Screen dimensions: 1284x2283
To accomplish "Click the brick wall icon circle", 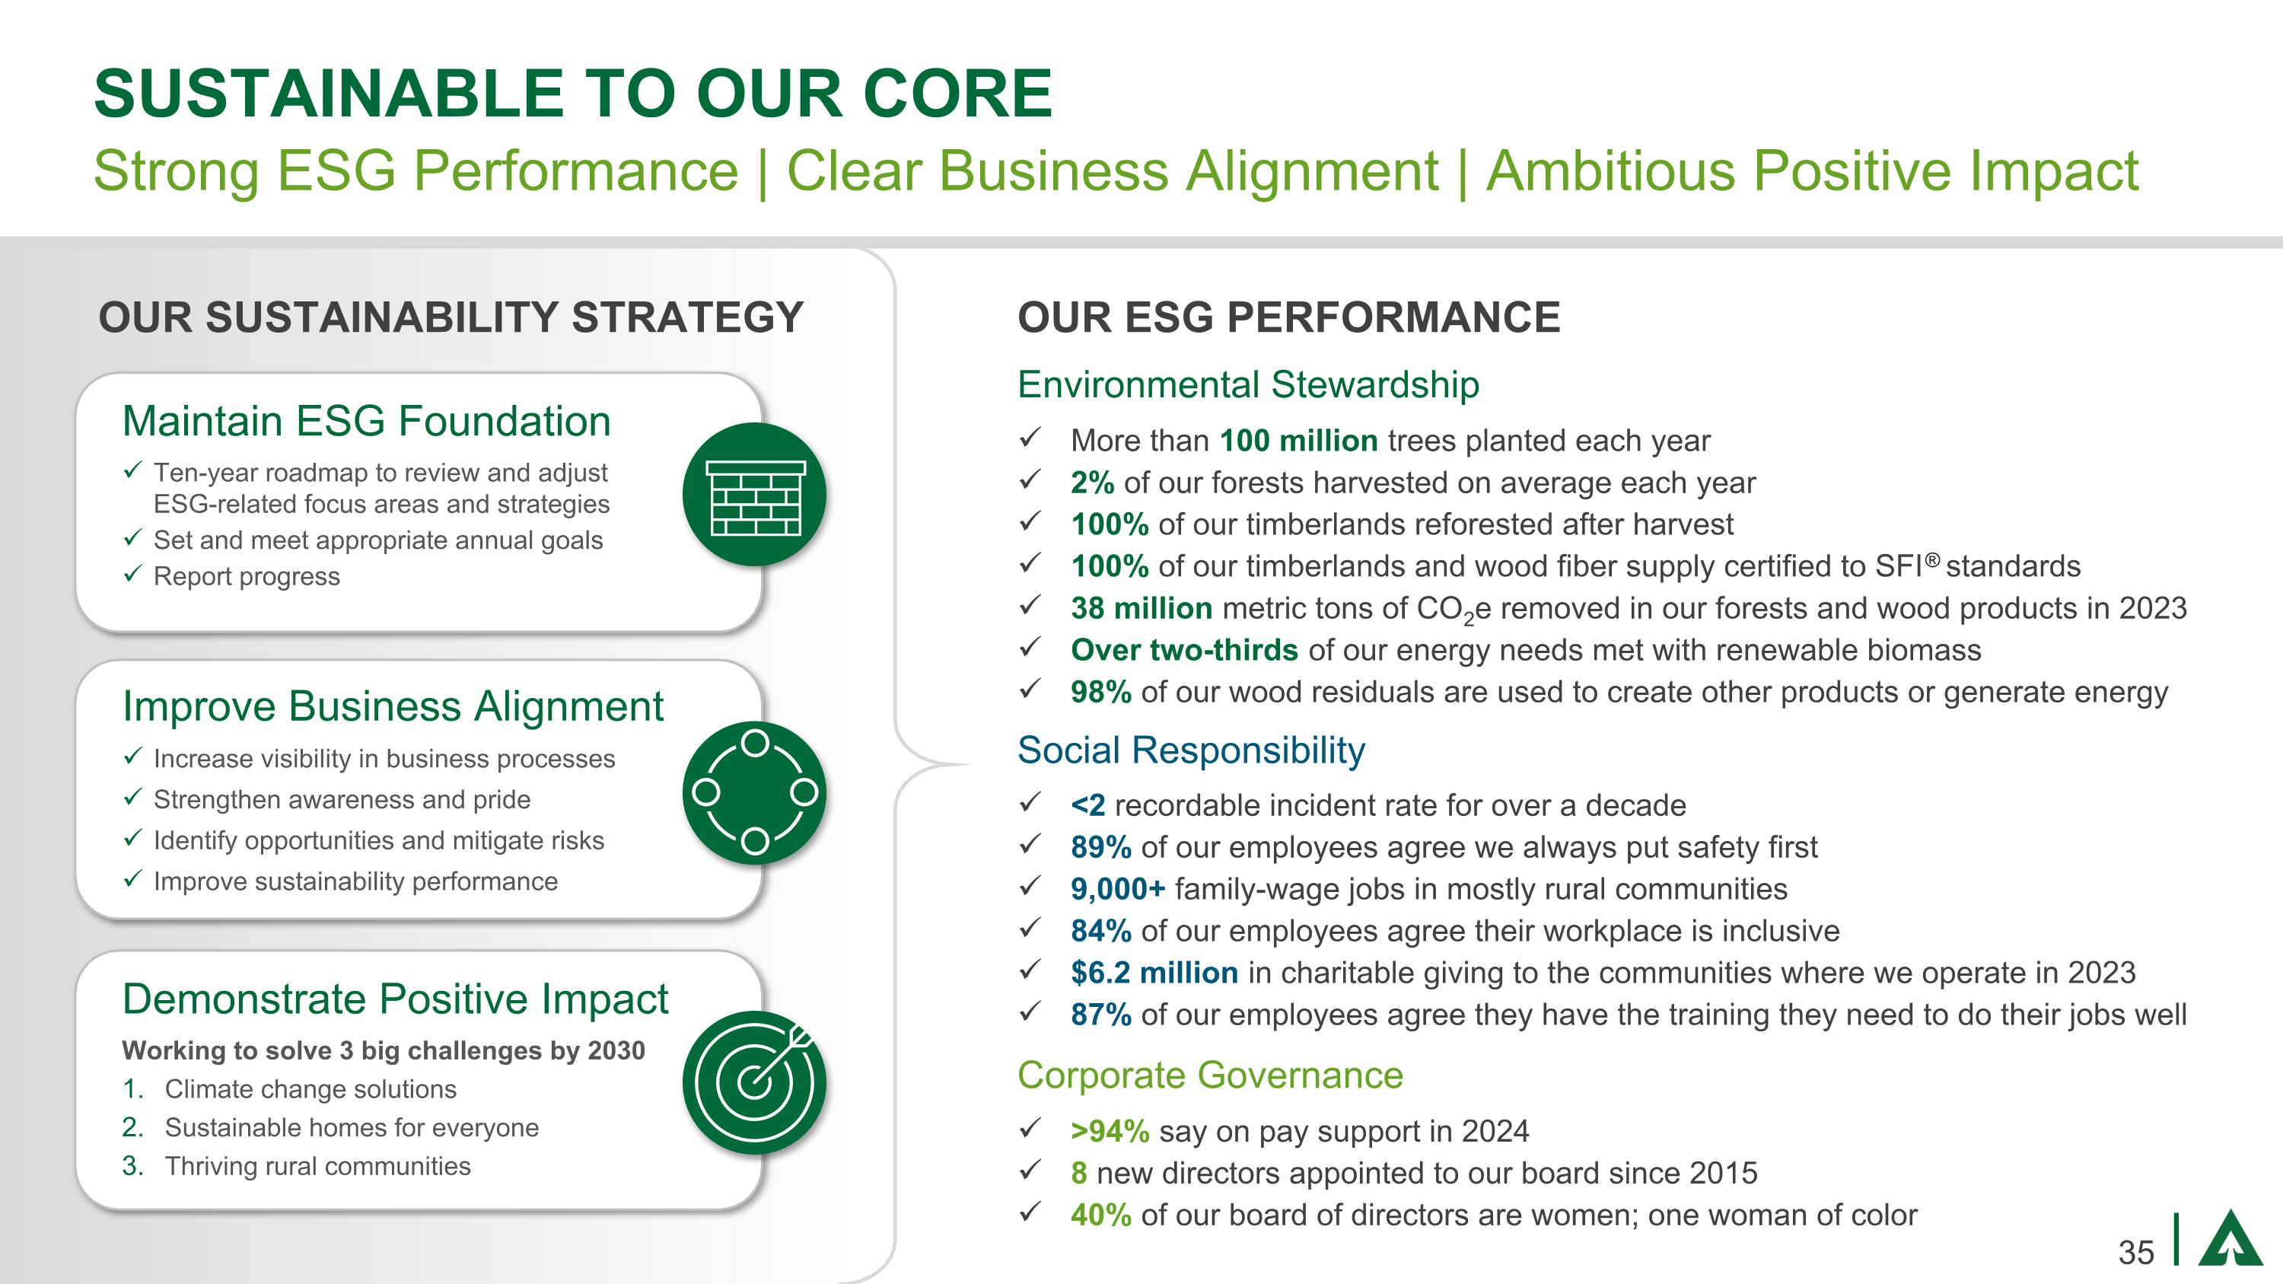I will point(754,495).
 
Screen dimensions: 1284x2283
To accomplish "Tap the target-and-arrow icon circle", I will point(754,1082).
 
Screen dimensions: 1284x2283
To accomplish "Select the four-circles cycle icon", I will point(754,792).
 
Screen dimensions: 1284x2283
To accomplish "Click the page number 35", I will point(2136,1252).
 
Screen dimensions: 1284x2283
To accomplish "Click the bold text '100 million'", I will point(1298,441).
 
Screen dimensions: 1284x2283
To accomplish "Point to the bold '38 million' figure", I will point(1141,608).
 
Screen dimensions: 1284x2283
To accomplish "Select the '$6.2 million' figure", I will point(1154,972).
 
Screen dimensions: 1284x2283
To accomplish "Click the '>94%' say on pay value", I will point(1110,1131).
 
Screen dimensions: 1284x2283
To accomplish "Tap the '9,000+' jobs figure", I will point(1118,889).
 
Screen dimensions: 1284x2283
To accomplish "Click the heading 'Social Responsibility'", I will point(1190,750).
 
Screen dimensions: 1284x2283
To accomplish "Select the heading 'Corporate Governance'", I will point(1210,1075).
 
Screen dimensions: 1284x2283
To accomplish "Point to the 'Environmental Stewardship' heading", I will point(1248,384).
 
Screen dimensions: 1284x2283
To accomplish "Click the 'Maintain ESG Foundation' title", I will point(366,421).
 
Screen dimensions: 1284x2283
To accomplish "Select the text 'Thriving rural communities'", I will point(317,1166).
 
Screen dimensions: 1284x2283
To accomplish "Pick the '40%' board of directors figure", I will point(1100,1214).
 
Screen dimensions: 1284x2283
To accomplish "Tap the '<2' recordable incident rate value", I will point(1087,804).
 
